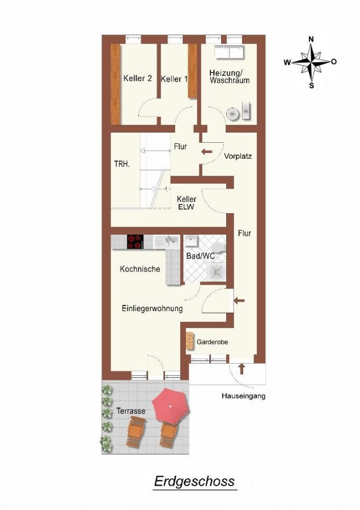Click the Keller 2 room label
[x=137, y=79]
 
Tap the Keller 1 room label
[x=174, y=79]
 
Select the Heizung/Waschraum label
[x=229, y=76]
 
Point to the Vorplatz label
[x=238, y=156]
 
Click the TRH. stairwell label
[x=122, y=164]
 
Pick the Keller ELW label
[x=187, y=203]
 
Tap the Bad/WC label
[x=200, y=257]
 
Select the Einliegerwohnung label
[x=152, y=309]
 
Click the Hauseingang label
[x=243, y=396]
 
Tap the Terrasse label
[x=131, y=411]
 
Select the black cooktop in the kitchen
[x=135, y=242]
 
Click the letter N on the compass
[x=311, y=39]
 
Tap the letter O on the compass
[x=334, y=62]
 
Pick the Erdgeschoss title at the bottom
[x=194, y=482]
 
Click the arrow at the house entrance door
[x=242, y=369]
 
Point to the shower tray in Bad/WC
[x=216, y=273]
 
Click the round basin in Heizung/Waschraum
[x=232, y=113]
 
